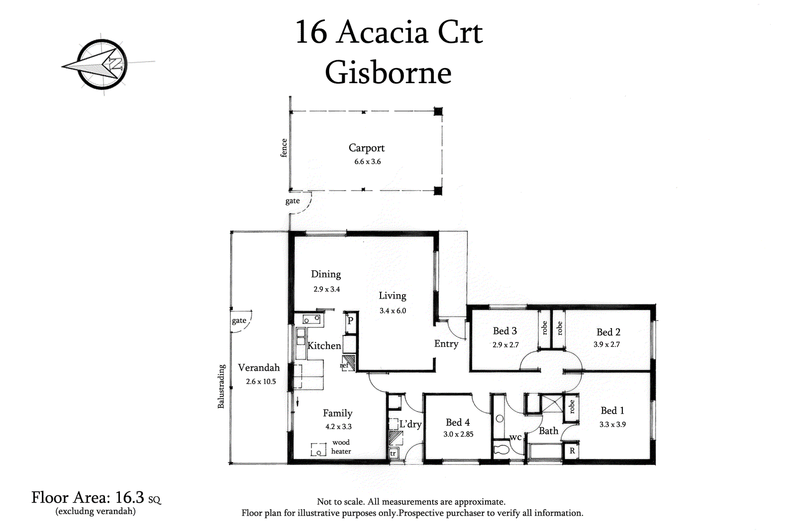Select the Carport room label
coord(366,148)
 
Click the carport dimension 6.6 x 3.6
coord(368,162)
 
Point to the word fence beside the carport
coord(284,148)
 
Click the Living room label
coord(393,296)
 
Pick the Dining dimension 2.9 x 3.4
coord(326,289)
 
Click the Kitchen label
coord(324,345)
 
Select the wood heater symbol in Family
coord(318,449)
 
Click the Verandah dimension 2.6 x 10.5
coord(261,382)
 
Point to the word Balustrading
coord(221,386)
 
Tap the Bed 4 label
coord(458,422)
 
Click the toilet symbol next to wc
coord(501,449)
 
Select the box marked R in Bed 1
coord(572,451)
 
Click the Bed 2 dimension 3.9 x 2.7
coord(606,344)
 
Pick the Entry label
coord(446,344)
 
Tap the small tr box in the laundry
coord(393,453)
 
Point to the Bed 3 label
coord(504,331)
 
